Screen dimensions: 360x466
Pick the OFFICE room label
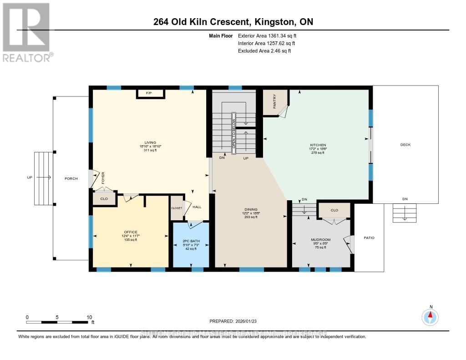(131, 232)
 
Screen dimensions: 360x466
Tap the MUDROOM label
(320, 239)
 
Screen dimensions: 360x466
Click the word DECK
(405, 145)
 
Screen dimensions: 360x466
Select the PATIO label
(369, 238)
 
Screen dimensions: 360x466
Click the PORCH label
(71, 178)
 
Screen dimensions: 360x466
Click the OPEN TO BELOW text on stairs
(234, 133)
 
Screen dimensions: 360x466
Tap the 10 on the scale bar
(90, 317)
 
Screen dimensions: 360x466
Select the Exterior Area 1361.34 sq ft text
(268, 36)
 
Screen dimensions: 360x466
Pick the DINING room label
(251, 209)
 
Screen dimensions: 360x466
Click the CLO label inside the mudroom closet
(334, 210)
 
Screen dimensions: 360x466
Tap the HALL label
(197, 207)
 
